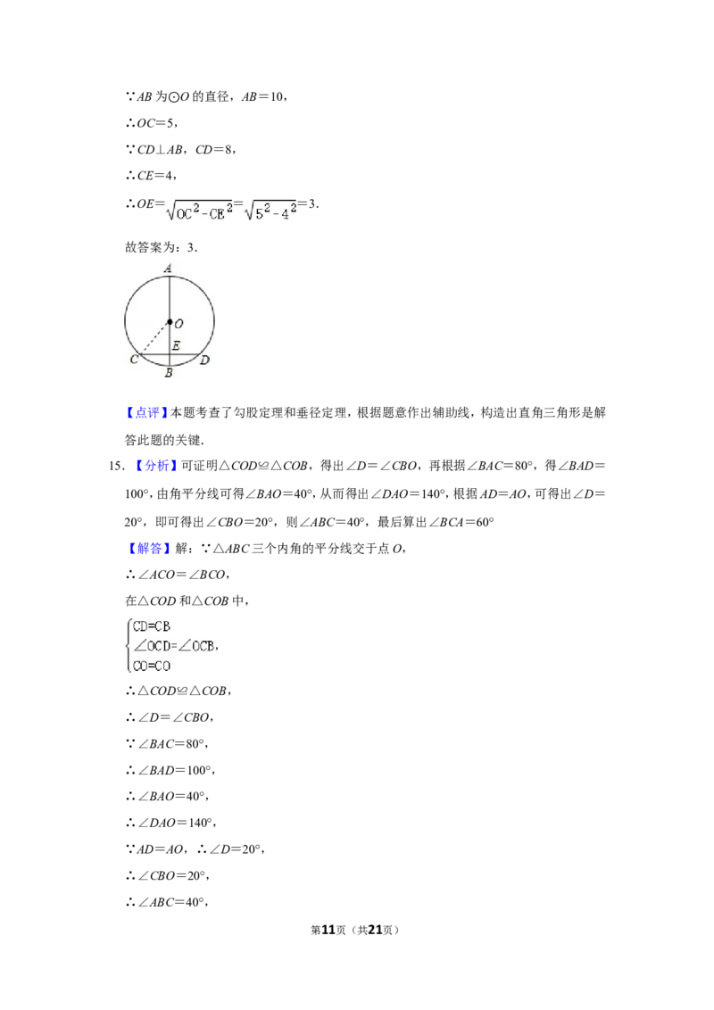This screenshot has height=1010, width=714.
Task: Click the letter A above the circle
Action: click(x=169, y=267)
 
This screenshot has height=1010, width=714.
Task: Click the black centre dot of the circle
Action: click(x=169, y=321)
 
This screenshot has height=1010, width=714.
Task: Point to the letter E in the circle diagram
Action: click(x=176, y=345)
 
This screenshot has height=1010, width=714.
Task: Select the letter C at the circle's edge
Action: click(x=134, y=360)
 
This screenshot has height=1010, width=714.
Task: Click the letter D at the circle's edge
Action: click(x=204, y=360)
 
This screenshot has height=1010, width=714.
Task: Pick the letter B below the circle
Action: click(x=169, y=372)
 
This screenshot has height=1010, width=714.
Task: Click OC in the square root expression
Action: click(x=186, y=215)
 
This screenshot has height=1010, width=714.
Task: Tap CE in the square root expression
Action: click(x=217, y=215)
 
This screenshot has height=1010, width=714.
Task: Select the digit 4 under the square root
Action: click(x=285, y=215)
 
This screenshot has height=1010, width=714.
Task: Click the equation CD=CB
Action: click(x=151, y=626)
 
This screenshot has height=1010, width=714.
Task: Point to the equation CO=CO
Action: click(x=151, y=666)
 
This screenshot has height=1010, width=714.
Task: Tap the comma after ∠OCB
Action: click(x=218, y=650)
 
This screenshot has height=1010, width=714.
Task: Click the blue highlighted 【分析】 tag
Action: click(x=146, y=413)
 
